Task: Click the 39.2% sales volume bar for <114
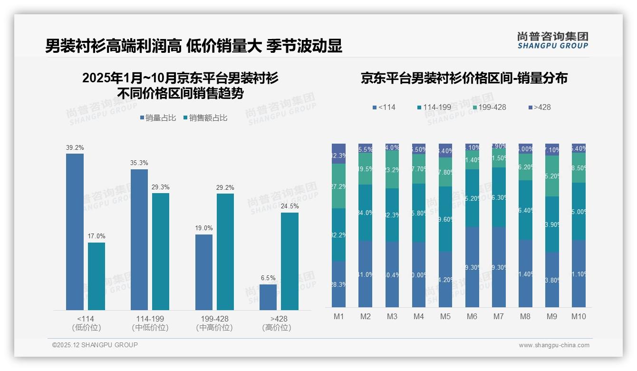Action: coord(75,232)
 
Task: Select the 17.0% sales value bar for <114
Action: coord(97,276)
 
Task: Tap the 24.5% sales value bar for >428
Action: coord(290,261)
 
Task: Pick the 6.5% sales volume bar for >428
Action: coord(268,297)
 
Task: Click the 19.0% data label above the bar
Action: coord(204,228)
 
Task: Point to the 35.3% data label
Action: coord(139,163)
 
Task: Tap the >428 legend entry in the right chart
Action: coord(540,107)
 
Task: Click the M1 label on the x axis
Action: coord(338,316)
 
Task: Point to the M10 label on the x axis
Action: coord(579,316)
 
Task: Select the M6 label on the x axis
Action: coord(472,316)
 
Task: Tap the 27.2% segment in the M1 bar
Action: coord(338,186)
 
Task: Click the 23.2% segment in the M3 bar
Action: coord(392,169)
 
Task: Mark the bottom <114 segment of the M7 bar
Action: coord(499,267)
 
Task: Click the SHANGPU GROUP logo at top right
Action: coord(552,40)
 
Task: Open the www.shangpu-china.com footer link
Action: coord(554,345)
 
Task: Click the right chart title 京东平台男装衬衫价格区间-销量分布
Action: coord(464,78)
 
